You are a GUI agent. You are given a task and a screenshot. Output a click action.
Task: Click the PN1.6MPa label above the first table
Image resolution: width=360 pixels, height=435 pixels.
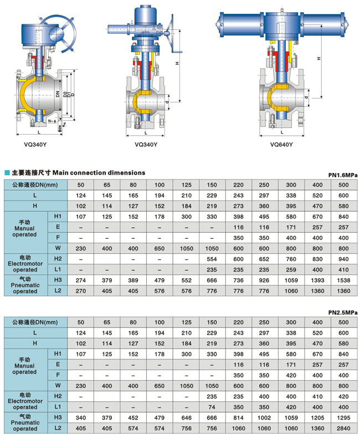(x=343, y=175)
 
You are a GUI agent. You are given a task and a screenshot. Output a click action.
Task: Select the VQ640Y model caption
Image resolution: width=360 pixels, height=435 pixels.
(x=281, y=145)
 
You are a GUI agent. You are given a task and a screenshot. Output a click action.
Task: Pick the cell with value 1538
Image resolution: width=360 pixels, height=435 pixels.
(x=343, y=280)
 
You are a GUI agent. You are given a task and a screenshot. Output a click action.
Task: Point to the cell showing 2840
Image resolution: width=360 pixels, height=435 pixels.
(x=343, y=428)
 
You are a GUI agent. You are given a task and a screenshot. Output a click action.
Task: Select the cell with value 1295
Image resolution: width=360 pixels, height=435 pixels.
(x=343, y=418)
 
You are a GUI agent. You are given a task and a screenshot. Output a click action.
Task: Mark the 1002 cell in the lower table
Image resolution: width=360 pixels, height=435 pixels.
(x=265, y=418)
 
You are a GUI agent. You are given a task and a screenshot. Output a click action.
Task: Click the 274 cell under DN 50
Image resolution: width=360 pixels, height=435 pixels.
(x=81, y=280)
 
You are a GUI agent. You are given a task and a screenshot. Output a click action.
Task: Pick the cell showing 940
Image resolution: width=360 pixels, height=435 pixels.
(x=343, y=259)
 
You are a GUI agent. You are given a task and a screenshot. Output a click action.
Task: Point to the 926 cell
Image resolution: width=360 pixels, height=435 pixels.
(x=265, y=280)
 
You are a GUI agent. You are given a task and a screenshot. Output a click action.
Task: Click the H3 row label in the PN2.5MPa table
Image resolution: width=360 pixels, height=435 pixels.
(x=57, y=418)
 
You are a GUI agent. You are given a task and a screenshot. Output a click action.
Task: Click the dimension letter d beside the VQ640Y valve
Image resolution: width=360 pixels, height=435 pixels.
(x=306, y=98)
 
